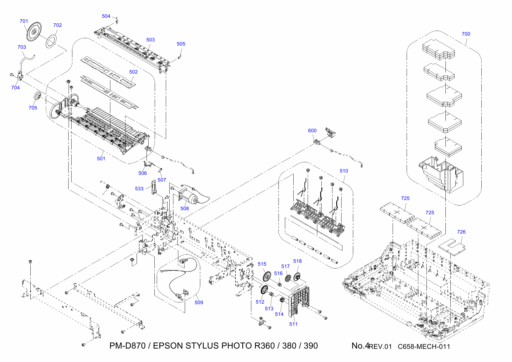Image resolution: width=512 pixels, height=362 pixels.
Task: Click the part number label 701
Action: [24, 21]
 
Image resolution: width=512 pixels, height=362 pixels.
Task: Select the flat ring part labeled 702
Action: [51, 41]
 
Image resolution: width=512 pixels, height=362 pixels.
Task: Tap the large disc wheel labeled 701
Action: [34, 31]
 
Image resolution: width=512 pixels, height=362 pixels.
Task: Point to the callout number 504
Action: [106, 16]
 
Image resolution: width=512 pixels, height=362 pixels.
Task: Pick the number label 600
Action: [312, 130]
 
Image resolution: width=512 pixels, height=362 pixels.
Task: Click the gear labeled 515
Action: [267, 276]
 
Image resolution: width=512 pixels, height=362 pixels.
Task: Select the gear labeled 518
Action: [297, 276]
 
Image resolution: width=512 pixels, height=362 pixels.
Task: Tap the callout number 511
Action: [293, 324]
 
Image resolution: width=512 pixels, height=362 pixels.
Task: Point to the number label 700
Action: [466, 34]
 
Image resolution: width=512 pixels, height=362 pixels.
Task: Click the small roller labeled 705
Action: [37, 96]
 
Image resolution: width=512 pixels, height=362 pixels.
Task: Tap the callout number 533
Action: [139, 189]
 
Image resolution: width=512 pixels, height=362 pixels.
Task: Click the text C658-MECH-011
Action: [424, 347]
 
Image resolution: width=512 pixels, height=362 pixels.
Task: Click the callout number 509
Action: [199, 302]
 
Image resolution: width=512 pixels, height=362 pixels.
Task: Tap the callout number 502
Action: [133, 72]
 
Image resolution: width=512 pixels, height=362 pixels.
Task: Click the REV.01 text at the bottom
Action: [380, 347]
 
